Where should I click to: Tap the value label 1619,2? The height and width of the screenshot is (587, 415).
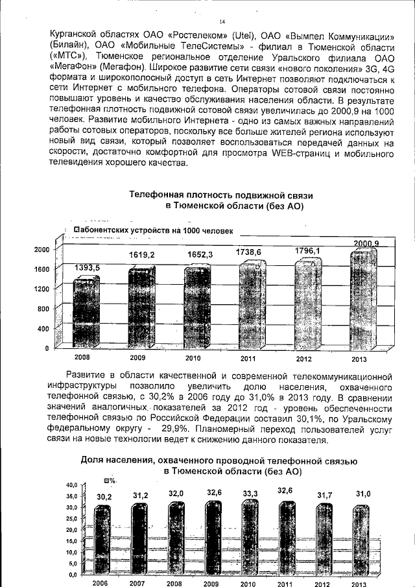(141, 256)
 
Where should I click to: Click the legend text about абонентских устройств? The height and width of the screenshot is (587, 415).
(154, 230)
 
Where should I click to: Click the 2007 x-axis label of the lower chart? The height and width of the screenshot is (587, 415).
(137, 583)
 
